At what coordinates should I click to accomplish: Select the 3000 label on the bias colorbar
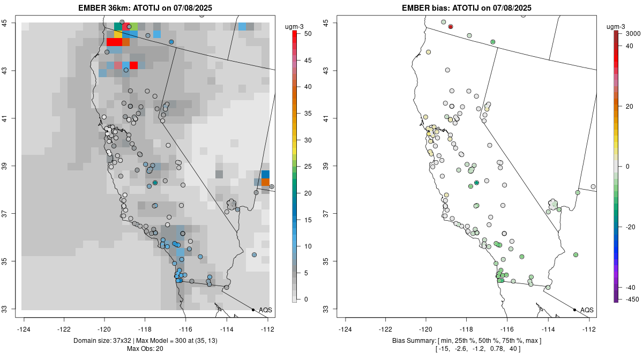(x=633, y=33)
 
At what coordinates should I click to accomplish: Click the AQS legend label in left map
(x=265, y=310)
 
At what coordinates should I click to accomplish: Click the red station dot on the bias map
(x=451, y=26)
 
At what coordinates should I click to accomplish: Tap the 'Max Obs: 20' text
(x=145, y=349)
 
